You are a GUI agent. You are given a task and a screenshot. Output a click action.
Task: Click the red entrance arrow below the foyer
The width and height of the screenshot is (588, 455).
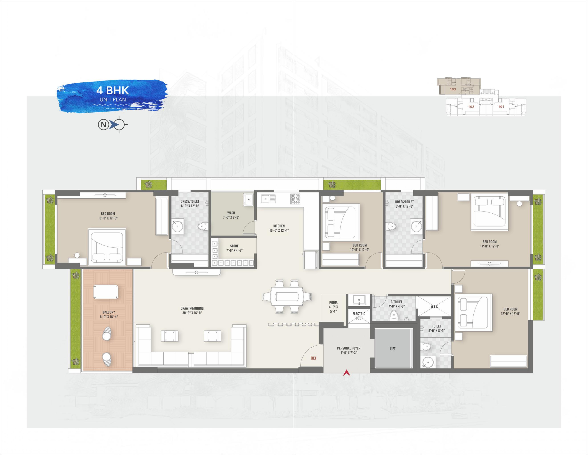click(347, 373)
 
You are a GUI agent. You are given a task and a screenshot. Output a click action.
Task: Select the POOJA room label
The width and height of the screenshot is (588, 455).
click(333, 302)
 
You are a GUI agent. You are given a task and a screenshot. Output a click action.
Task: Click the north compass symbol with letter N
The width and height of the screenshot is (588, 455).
click(113, 125)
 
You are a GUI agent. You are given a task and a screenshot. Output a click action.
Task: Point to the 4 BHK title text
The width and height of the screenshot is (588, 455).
click(113, 90)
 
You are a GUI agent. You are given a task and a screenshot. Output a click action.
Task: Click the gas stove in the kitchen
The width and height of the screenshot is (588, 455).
click(295, 199)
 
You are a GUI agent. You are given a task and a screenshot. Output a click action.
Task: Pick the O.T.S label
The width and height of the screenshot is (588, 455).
click(434, 307)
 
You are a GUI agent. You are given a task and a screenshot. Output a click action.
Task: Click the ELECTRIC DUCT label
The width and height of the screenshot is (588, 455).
click(359, 316)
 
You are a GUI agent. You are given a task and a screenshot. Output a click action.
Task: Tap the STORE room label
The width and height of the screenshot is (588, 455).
click(234, 246)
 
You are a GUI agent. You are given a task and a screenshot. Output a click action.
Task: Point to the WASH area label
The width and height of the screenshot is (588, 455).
click(231, 213)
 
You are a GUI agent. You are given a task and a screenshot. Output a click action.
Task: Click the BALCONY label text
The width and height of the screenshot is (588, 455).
click(109, 312)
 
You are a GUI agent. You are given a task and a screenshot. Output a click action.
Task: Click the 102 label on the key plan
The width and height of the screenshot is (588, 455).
click(471, 107)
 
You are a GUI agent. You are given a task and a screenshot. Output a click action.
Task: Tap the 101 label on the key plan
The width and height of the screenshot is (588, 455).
click(501, 107)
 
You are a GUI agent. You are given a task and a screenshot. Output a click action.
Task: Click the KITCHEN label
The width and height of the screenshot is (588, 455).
click(279, 226)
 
